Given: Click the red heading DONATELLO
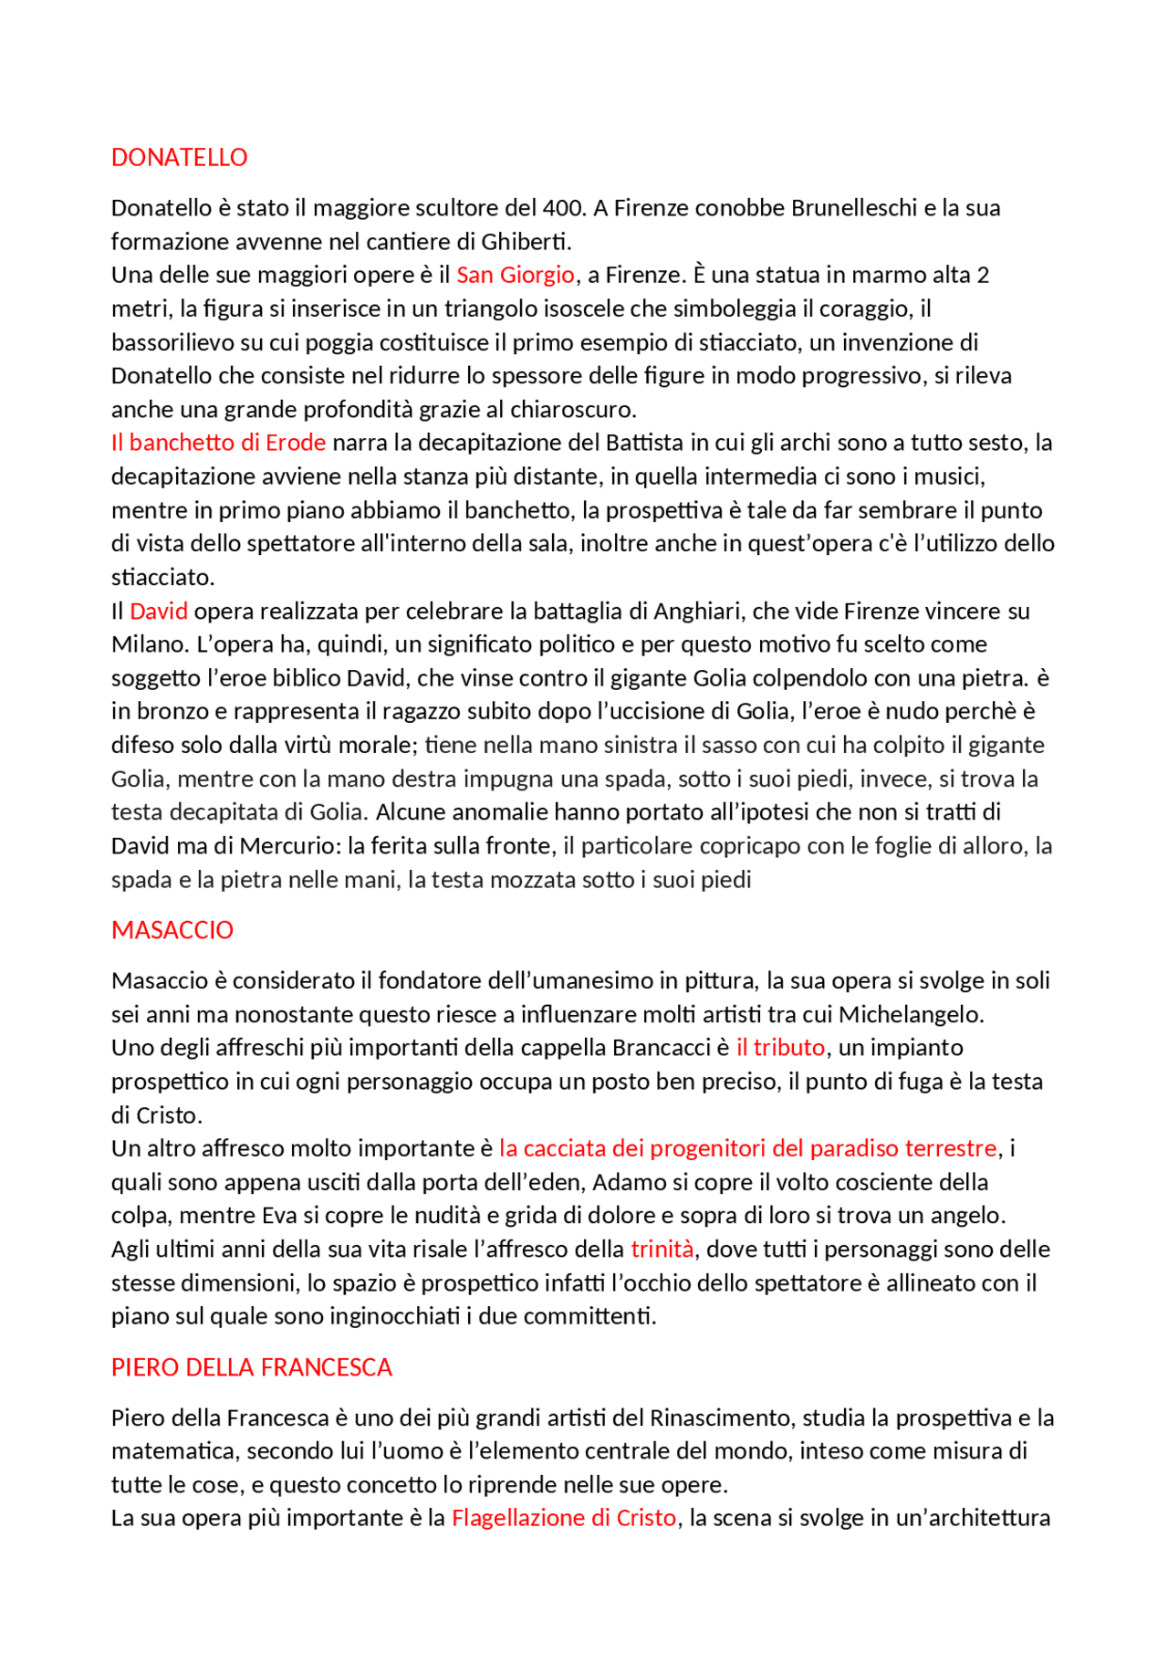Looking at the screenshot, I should (x=179, y=158).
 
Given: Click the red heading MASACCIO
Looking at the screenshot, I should (x=172, y=930).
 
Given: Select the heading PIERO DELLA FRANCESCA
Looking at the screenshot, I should (x=251, y=1367).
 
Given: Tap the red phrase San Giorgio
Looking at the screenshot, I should (x=515, y=275).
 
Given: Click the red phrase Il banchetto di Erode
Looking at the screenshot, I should (x=218, y=443).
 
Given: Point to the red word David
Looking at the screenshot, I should (x=159, y=612).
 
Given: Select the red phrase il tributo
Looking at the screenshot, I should (x=780, y=1048).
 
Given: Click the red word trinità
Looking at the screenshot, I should (x=662, y=1250).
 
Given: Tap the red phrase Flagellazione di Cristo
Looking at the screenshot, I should (x=564, y=1518).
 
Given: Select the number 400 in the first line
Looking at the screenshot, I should (x=562, y=208).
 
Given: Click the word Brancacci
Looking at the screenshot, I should (x=661, y=1048).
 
